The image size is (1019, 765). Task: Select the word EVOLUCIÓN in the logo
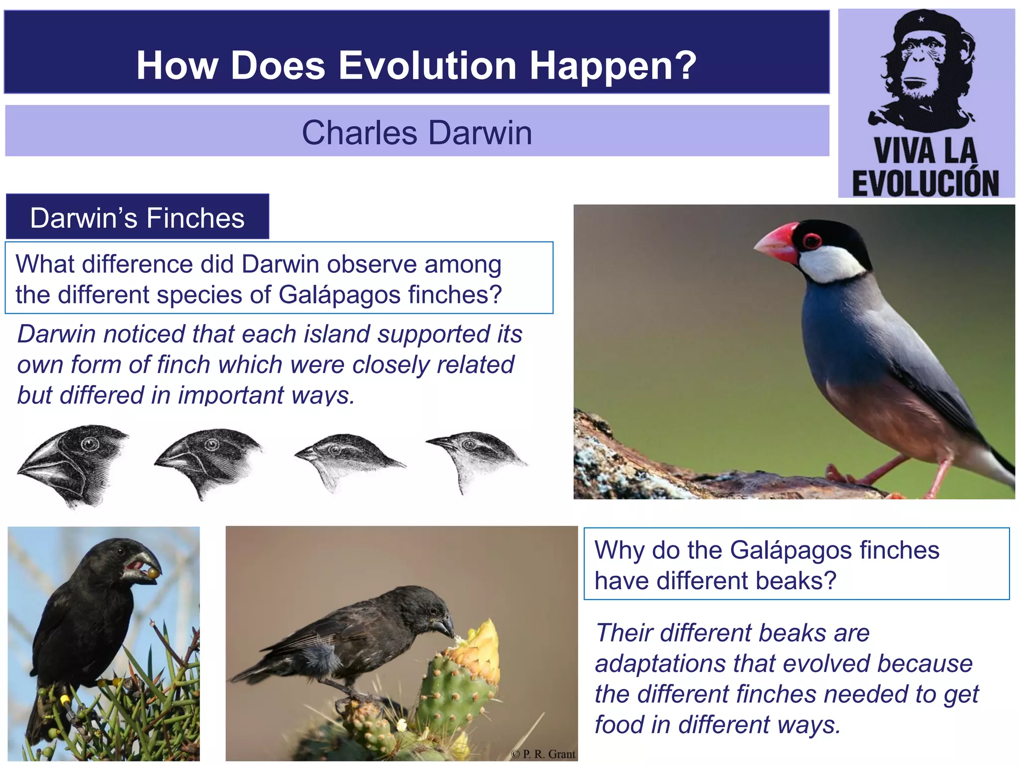pos(925,184)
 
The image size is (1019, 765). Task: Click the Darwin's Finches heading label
pos(137,218)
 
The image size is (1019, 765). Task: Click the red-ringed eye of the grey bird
pos(812,241)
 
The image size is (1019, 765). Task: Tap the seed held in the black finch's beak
pos(152,573)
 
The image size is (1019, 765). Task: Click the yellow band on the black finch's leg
pos(65,698)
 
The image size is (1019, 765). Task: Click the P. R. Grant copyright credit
pos(543,754)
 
